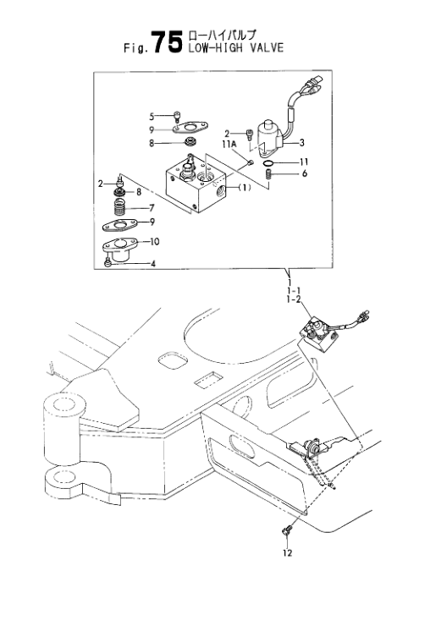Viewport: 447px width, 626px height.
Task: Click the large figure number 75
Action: click(168, 42)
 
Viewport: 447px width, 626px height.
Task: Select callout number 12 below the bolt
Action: click(287, 553)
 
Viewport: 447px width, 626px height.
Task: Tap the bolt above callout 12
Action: click(287, 530)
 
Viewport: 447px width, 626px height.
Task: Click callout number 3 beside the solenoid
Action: click(302, 142)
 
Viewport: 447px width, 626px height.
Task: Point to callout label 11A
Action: click(229, 144)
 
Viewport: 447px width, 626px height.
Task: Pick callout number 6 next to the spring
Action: click(305, 173)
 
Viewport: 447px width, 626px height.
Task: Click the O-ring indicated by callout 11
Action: click(268, 163)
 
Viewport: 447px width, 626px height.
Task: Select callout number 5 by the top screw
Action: click(152, 117)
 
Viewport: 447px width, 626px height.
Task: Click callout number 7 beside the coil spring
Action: click(152, 207)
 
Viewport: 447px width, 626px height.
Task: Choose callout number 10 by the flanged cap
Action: click(154, 242)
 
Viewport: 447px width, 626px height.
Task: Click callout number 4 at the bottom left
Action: click(152, 263)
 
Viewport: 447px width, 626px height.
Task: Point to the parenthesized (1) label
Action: click(244, 187)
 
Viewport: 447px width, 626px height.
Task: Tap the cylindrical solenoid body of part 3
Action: click(269, 134)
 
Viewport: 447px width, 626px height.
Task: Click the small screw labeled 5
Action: click(177, 117)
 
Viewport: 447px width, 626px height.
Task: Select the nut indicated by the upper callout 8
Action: click(190, 141)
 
